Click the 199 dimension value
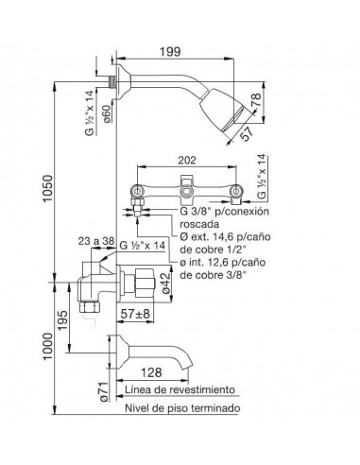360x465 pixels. click(x=170, y=52)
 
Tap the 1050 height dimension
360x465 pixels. click(x=48, y=189)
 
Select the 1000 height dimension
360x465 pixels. click(x=48, y=347)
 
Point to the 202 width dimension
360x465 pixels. click(x=187, y=160)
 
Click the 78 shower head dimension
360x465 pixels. click(x=256, y=100)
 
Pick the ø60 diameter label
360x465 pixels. click(x=107, y=114)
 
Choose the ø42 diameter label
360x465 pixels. click(x=166, y=283)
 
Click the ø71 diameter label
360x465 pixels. click(x=104, y=391)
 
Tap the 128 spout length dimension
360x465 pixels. click(x=151, y=372)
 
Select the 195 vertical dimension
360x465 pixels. click(x=62, y=320)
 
